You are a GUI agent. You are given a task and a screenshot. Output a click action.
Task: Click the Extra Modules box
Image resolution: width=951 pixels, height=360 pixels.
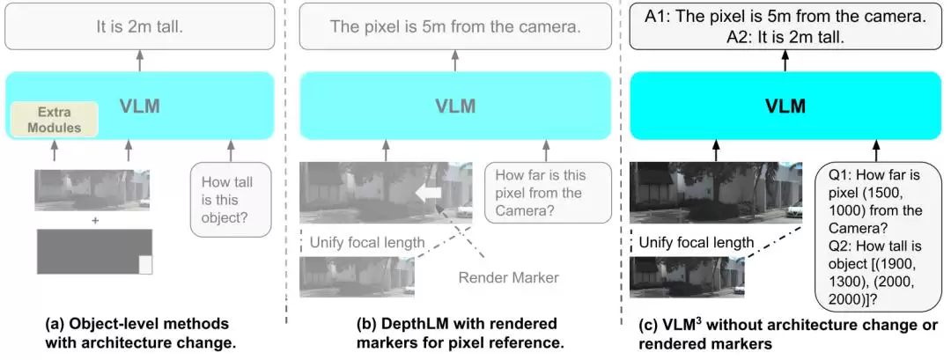pos(55,120)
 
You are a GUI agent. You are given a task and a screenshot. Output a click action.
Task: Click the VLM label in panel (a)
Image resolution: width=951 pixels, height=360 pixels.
pos(140,107)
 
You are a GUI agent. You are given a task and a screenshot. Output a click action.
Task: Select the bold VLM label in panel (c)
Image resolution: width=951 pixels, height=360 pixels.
pos(785,106)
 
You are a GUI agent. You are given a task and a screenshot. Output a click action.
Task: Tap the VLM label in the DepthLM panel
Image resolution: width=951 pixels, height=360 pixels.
pos(455,106)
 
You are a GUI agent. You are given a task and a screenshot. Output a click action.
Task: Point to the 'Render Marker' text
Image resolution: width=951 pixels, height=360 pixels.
pos(508,277)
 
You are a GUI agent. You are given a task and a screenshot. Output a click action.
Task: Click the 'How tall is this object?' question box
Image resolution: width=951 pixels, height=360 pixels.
pos(231,200)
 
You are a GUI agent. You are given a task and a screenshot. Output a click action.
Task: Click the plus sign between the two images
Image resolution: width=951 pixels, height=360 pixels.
pos(94,221)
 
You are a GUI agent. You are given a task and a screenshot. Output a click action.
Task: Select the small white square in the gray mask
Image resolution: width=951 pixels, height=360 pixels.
pos(145,265)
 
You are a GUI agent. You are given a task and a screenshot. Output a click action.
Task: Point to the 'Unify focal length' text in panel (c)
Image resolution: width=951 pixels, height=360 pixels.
pos(696,243)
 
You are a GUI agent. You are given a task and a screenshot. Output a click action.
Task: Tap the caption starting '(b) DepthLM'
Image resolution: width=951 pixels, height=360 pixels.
pos(461,333)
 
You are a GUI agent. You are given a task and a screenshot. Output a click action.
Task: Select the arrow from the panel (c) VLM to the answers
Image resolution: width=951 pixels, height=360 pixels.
pos(785,60)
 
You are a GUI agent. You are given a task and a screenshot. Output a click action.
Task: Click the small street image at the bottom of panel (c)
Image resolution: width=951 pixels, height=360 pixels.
pos(687,277)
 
